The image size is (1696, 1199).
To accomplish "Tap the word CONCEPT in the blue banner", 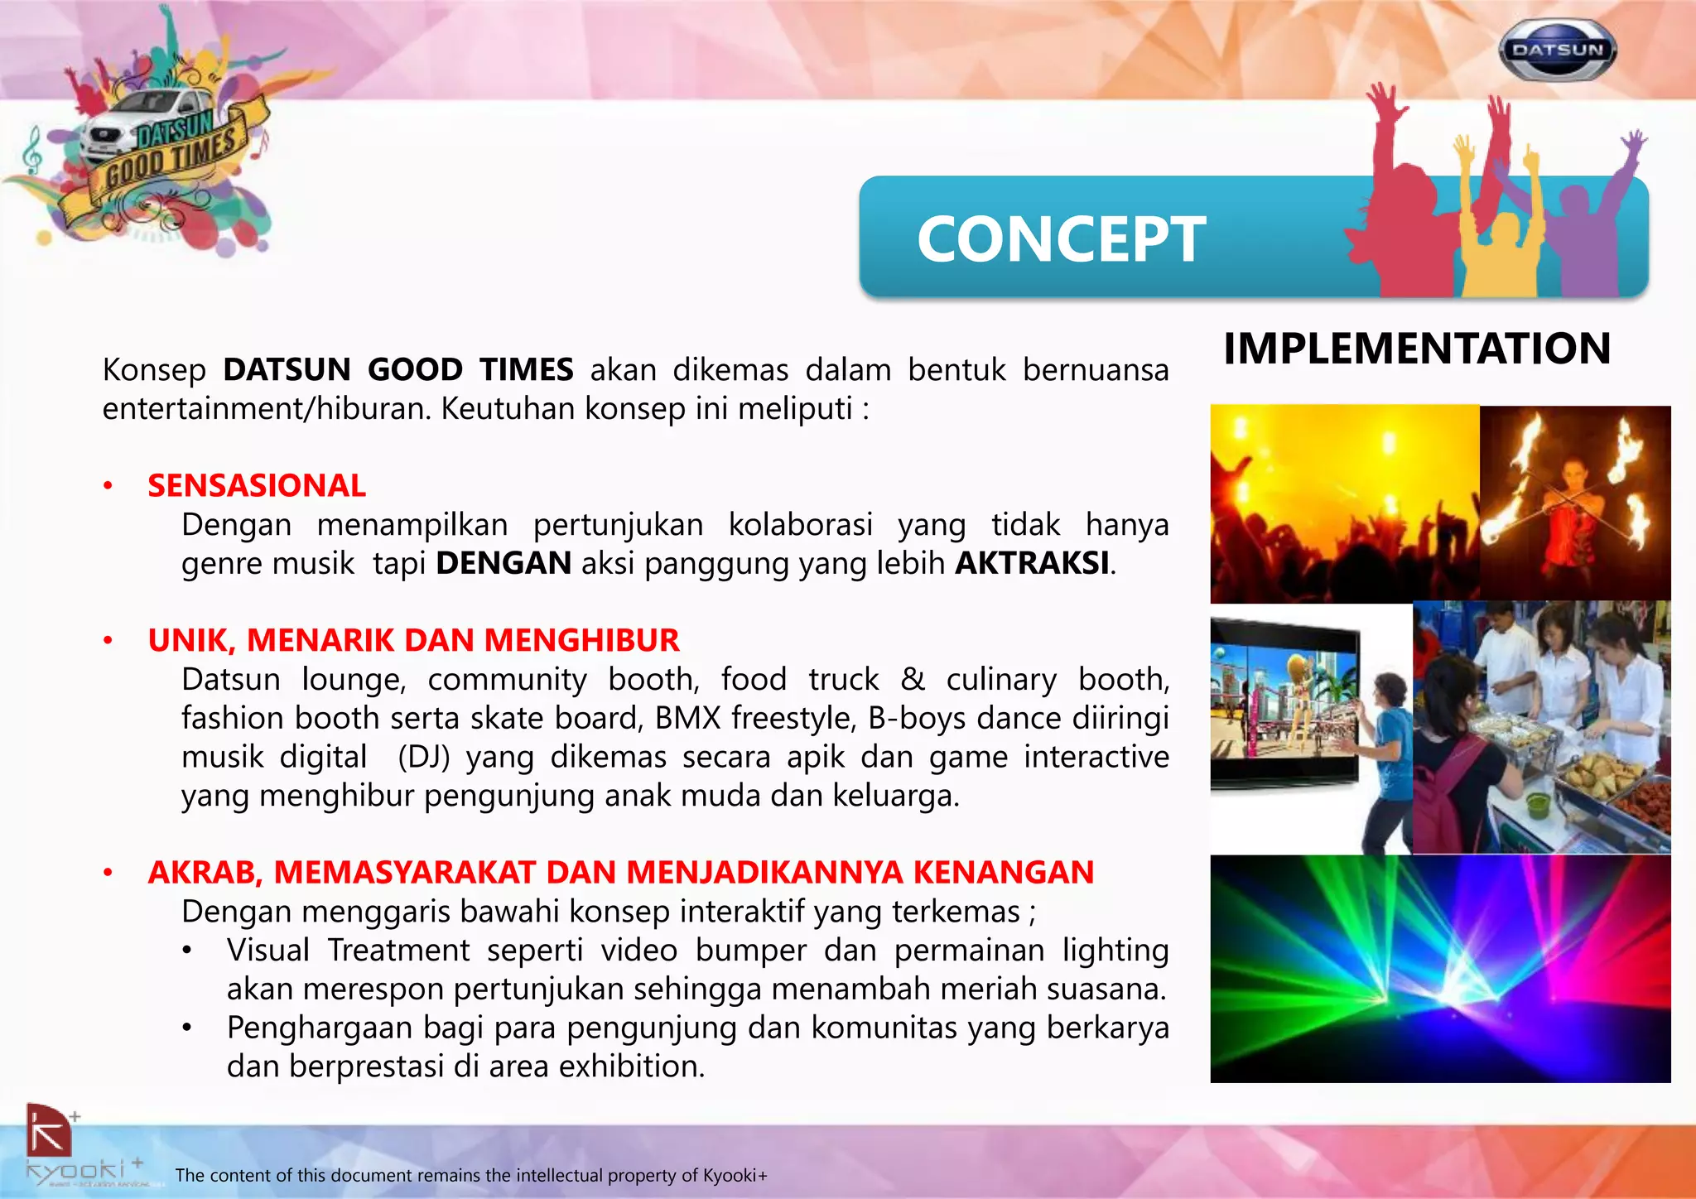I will click(1061, 240).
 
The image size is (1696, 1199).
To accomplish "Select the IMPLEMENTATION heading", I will click(1417, 349).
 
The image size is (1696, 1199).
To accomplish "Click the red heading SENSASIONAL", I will click(257, 486).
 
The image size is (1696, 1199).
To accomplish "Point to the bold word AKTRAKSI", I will click(1032, 563).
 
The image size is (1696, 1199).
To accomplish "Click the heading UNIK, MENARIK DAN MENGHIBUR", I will click(413, 640).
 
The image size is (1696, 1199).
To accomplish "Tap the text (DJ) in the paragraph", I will click(423, 757).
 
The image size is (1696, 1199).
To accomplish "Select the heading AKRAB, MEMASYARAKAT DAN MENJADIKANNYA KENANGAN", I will click(620, 873).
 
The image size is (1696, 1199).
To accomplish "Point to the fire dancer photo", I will click(1574, 503).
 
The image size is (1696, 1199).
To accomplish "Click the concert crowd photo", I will click(1343, 503).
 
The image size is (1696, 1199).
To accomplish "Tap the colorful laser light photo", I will click(1439, 969).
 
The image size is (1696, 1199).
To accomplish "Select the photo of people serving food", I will click(1541, 727).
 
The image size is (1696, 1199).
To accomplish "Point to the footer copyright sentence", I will click(471, 1175).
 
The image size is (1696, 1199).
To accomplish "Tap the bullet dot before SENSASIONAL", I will click(108, 486).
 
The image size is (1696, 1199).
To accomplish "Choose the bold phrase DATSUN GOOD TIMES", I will click(397, 369).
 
